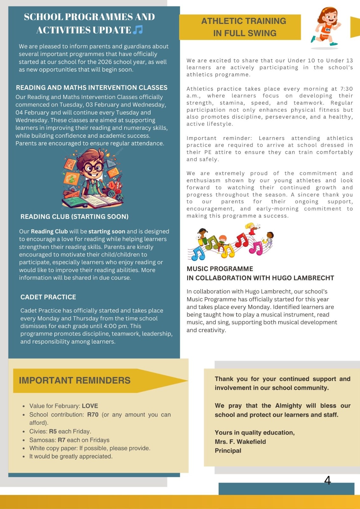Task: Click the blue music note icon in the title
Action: [138, 30]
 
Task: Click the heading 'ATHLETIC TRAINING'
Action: [244, 21]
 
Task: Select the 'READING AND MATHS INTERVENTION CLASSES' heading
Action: [92, 87]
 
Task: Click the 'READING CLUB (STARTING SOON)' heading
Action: [74, 217]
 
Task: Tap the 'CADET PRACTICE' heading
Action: [48, 297]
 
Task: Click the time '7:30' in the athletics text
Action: [346, 89]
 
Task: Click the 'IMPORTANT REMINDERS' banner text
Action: [75, 380]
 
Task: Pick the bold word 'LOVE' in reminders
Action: [90, 406]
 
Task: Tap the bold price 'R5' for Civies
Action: [53, 431]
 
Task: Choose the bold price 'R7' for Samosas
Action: [61, 440]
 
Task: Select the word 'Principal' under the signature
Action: [228, 450]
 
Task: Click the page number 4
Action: [328, 480]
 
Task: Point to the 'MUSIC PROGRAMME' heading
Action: [220, 269]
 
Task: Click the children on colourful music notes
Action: [230, 242]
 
